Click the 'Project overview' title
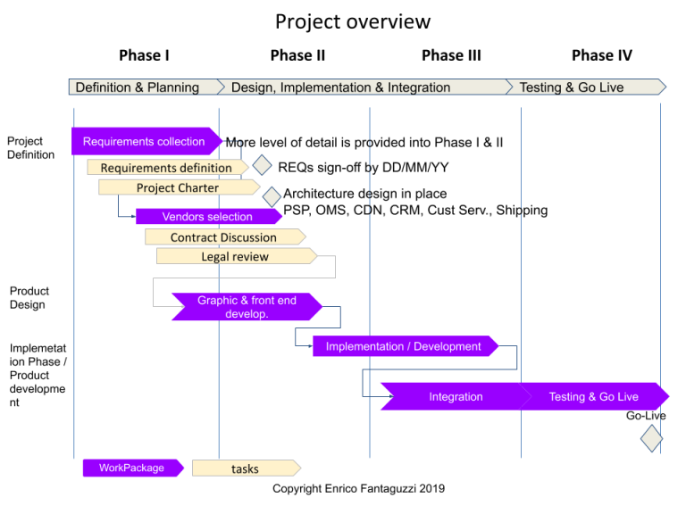coord(352,21)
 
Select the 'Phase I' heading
coord(144,55)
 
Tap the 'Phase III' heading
coord(451,55)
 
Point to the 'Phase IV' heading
coord(601,55)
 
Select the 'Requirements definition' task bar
coord(166,168)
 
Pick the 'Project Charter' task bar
coord(177,187)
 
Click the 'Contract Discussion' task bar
coord(223,237)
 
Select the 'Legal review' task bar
coord(235,257)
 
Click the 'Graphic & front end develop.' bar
coord(247,307)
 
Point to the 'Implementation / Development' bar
coord(404,346)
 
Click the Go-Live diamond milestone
coord(651,438)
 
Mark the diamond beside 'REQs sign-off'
coord(262,165)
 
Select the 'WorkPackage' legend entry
coord(132,468)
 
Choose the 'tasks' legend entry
coord(245,468)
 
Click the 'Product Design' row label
coord(29,298)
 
